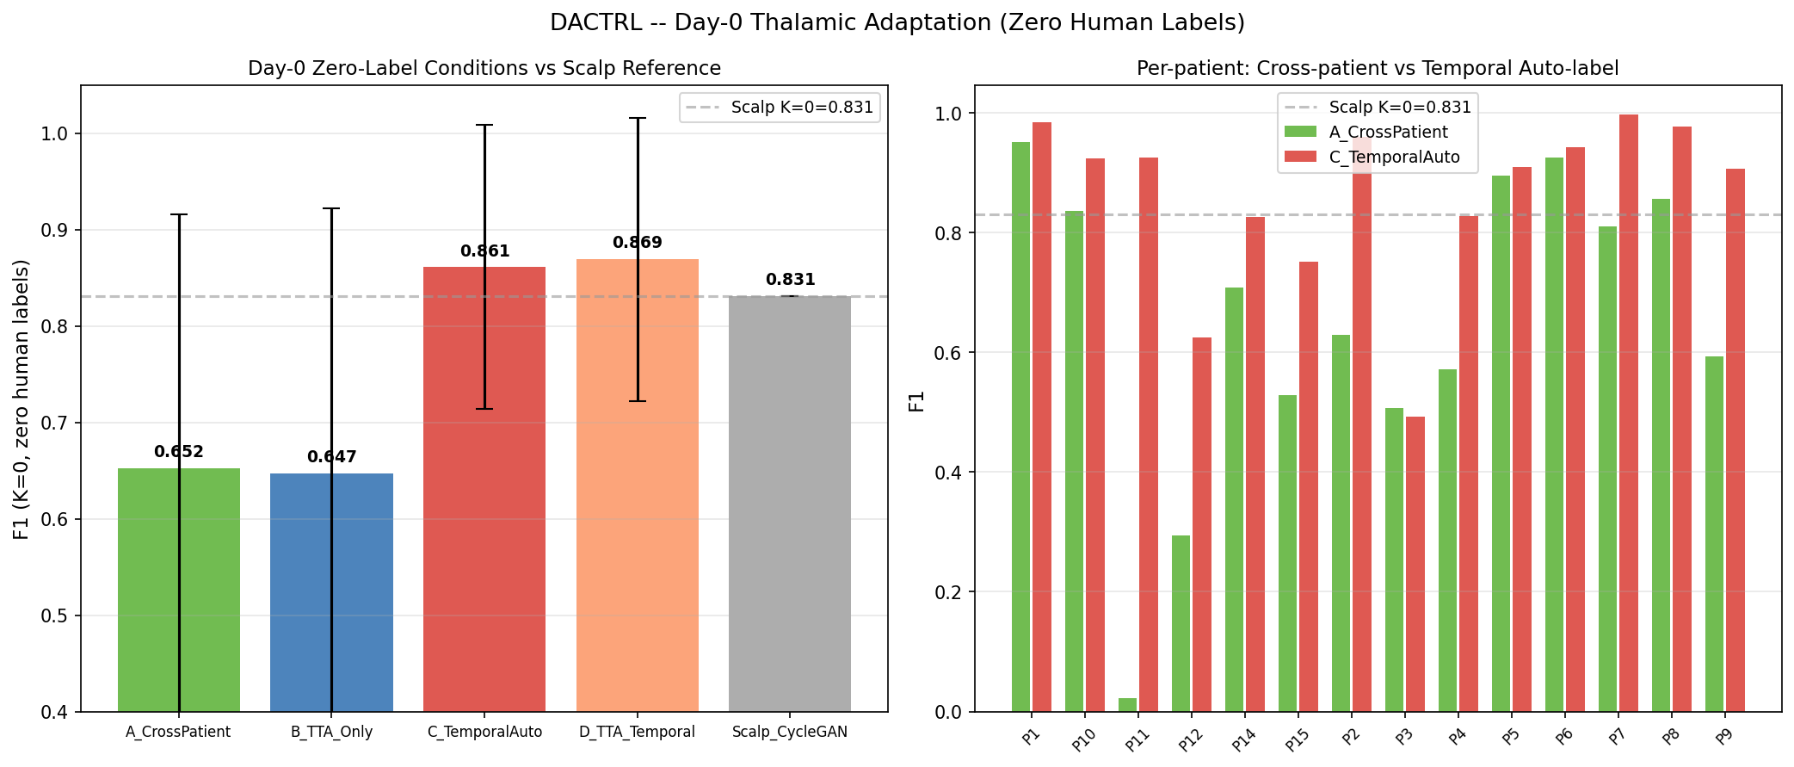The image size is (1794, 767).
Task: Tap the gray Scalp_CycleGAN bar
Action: pos(789,508)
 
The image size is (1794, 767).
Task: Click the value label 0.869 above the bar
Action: pos(637,243)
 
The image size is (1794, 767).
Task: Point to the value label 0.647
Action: pos(331,457)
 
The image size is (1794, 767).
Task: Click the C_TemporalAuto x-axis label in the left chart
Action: pos(484,733)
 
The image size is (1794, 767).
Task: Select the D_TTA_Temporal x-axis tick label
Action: pos(637,733)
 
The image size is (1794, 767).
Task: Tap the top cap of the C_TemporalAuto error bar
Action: pos(484,125)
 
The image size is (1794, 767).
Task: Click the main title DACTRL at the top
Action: pos(897,23)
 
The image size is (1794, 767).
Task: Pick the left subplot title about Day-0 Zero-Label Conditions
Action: pos(484,68)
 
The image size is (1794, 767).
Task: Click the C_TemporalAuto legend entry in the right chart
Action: pos(1394,157)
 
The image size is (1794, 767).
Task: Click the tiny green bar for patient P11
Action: pos(1127,705)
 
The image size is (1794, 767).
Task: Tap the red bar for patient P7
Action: pos(1628,413)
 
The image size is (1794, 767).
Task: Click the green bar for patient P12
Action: pos(1181,624)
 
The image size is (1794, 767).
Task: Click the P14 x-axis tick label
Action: pos(1244,739)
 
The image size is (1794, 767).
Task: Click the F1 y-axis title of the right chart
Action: pos(917,401)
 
